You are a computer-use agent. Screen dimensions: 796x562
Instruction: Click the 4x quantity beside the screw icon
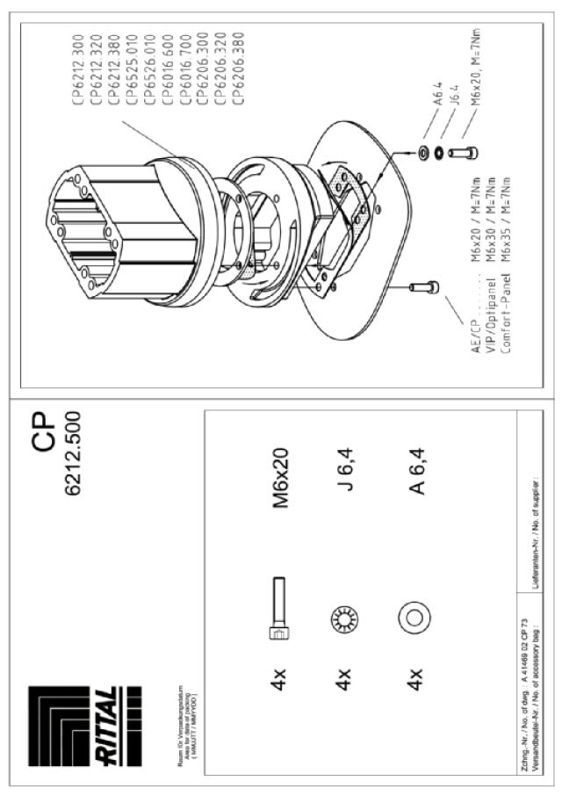pyautogui.click(x=280, y=678)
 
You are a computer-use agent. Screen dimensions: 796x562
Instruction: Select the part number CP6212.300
pyautogui.click(x=80, y=69)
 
